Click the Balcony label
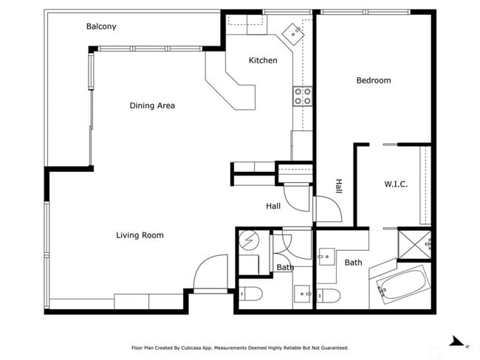(x=101, y=27)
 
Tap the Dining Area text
(x=152, y=105)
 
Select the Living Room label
(x=140, y=235)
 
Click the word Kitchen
(x=263, y=60)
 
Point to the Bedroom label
(x=374, y=80)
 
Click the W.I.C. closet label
(x=396, y=184)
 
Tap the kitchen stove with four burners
(x=302, y=96)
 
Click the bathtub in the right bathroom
(x=403, y=283)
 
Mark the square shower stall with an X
(x=414, y=245)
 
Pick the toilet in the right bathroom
(x=329, y=295)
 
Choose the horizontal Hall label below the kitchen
(x=273, y=207)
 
